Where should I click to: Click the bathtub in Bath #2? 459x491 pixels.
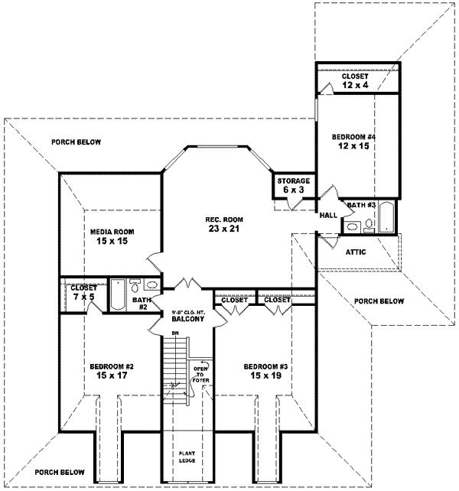point(119,295)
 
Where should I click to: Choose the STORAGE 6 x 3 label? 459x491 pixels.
point(292,186)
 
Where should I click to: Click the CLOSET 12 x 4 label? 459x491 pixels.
point(355,81)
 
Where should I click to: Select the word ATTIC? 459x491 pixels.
point(357,251)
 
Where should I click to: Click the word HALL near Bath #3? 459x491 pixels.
point(329,216)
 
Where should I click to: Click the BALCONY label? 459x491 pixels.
point(187,320)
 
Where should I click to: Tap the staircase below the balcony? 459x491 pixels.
point(175,367)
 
